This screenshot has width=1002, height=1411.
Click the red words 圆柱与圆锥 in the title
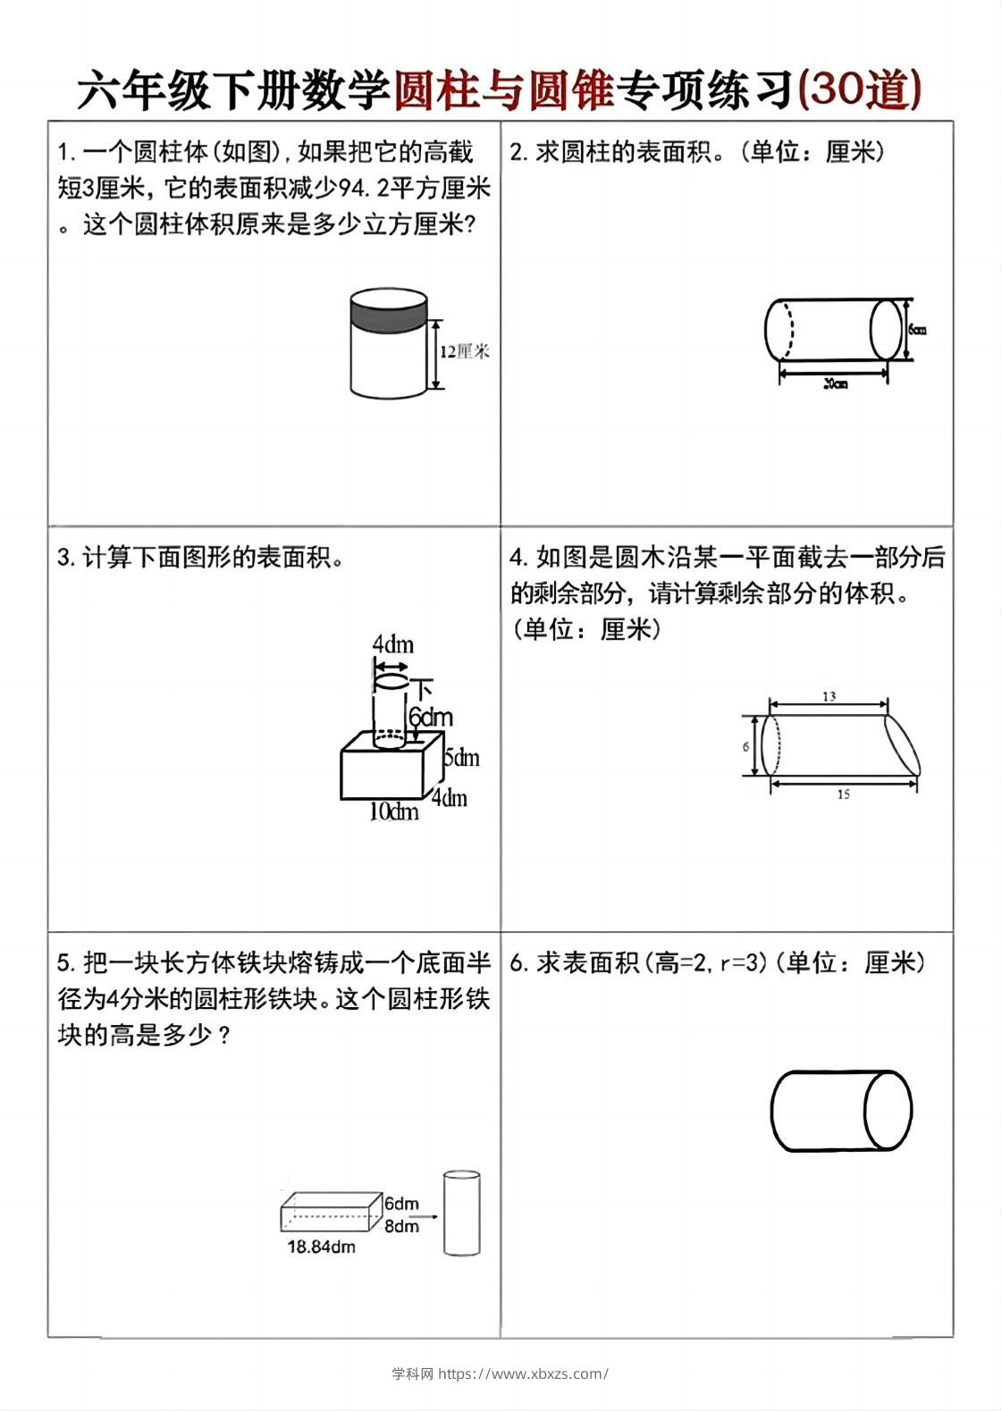[503, 90]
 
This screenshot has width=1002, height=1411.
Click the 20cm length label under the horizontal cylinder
[834, 383]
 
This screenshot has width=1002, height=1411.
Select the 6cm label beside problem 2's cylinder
[917, 329]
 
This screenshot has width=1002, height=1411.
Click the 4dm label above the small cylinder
[392, 644]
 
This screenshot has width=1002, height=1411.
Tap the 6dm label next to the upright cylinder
[431, 717]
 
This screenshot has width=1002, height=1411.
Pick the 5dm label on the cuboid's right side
[462, 758]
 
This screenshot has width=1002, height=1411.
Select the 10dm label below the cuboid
[394, 811]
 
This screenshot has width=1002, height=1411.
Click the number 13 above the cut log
[829, 696]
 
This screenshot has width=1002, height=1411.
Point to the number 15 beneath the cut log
[843, 794]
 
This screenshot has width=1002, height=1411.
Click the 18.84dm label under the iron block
[321, 1247]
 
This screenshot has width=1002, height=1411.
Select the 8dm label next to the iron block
[401, 1226]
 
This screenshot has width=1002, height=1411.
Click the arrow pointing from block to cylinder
[429, 1216]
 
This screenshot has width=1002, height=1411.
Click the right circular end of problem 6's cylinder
[888, 1111]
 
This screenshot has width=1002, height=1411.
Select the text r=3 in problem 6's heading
[744, 963]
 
